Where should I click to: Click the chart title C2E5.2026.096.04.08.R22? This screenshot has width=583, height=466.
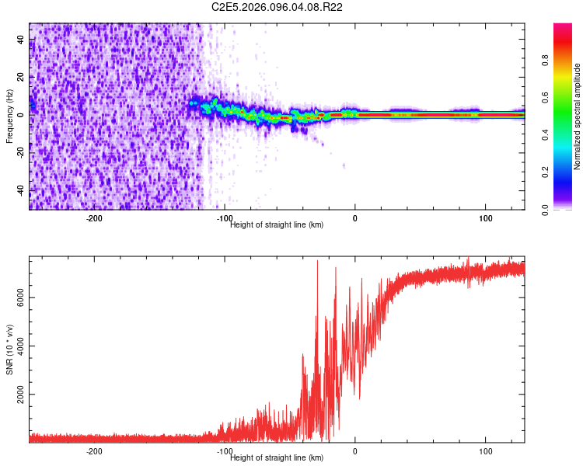click(278, 7)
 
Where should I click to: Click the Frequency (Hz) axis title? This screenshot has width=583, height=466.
click(9, 116)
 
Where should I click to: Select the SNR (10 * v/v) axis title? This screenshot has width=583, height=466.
click(9, 349)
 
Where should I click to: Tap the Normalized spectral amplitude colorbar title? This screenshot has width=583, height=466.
click(578, 116)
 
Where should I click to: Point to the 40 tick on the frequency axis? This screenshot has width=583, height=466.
click(20, 40)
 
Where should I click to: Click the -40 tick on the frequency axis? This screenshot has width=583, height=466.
click(20, 190)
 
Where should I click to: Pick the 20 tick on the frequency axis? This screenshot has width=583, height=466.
click(20, 77)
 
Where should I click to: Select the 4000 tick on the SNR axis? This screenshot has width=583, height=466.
click(20, 346)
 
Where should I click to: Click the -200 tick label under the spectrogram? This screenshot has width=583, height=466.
click(94, 218)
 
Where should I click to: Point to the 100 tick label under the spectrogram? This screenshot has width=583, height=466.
click(486, 218)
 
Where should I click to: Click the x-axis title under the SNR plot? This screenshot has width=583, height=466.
click(277, 458)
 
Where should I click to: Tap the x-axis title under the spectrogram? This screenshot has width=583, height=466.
click(277, 225)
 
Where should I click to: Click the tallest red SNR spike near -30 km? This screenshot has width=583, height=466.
click(317, 263)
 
